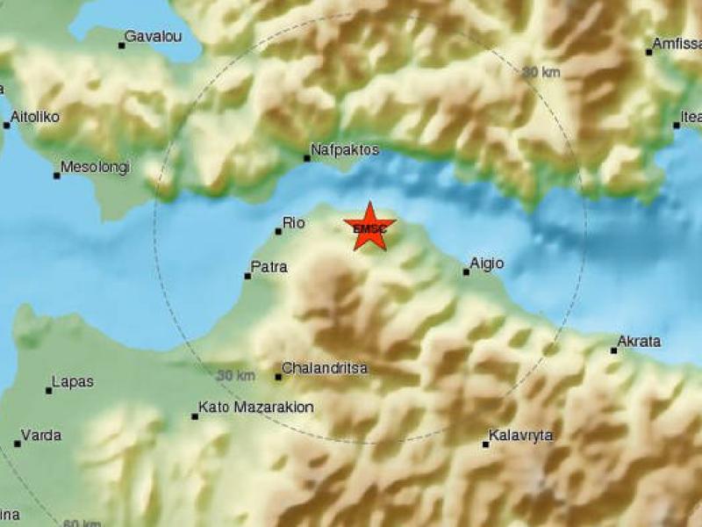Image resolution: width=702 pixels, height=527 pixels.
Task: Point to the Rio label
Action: (294, 223)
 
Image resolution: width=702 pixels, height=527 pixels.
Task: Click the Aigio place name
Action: (487, 263)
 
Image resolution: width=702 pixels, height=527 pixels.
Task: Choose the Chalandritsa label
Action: (326, 369)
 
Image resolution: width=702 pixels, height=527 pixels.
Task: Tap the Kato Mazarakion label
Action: (256, 408)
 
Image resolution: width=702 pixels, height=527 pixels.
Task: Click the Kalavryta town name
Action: (521, 436)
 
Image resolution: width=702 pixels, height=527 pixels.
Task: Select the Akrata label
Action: (640, 341)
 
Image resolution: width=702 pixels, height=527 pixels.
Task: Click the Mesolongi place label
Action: (96, 167)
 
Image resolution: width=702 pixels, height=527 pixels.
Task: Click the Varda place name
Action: (41, 435)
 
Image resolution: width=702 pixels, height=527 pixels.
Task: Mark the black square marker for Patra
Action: (247, 277)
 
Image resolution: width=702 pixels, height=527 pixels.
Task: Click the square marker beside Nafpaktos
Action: (307, 159)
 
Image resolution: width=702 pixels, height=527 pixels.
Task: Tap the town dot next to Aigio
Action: (466, 272)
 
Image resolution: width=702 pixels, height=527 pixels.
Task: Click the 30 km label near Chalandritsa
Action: (236, 376)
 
